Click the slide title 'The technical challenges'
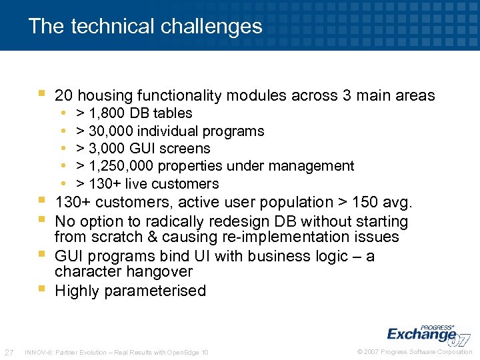pos(145,26)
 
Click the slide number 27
pos(9,352)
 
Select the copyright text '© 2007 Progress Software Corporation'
pos(415,352)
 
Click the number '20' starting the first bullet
pos(64,96)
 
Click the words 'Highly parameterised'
pos(131,291)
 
